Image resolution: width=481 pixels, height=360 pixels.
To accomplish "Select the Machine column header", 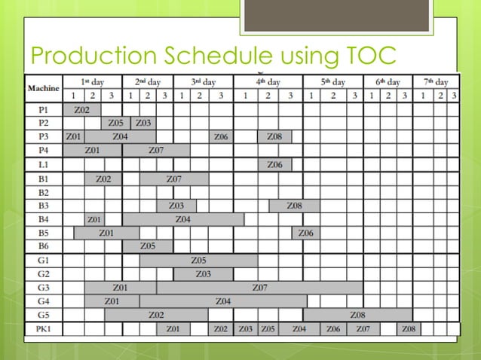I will point(43,88).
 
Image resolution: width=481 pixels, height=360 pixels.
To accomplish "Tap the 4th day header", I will point(268,81).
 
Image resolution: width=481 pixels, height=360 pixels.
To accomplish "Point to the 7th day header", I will point(436,81).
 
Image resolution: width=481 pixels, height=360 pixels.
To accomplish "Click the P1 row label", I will point(43,110).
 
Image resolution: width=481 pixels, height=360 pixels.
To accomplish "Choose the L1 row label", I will point(43,164).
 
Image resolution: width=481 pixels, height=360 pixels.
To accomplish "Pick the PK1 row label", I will point(43,329).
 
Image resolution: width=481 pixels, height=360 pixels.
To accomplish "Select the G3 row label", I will point(43,287).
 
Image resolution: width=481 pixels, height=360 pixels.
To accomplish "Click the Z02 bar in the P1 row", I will point(82,110).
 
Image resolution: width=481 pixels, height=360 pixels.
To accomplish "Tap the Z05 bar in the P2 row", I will point(116,123).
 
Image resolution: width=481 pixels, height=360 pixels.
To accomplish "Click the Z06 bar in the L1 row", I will point(274,164).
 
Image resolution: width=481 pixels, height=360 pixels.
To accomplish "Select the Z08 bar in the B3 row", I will point(295,206).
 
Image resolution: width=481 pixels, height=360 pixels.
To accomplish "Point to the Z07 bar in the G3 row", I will point(259,287).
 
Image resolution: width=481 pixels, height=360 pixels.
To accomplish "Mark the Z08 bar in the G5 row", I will point(357,315).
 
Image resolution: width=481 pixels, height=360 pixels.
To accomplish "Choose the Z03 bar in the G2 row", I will point(203,273).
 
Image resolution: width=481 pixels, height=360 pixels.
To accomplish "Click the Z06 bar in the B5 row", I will point(305,233).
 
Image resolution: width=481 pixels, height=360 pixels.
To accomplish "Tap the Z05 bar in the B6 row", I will point(148,246).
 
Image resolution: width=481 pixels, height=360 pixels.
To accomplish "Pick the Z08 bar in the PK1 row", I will point(408,329).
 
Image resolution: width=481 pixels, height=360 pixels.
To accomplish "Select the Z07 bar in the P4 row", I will point(156,151).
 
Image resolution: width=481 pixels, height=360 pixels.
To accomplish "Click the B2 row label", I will point(43,192).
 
